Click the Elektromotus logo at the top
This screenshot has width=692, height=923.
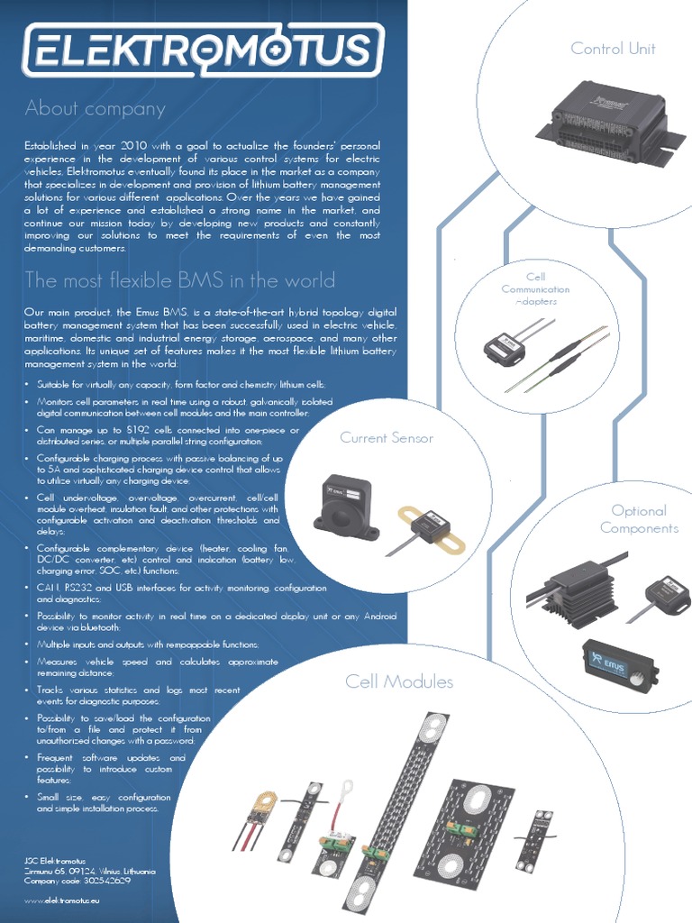(x=204, y=50)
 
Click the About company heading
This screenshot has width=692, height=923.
(x=96, y=109)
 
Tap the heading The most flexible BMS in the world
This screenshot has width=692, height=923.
(x=180, y=279)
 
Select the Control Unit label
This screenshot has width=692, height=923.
(x=613, y=49)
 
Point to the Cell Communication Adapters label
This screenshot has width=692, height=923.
(x=535, y=289)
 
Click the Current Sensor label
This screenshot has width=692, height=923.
(x=387, y=438)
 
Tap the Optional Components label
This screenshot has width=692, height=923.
(x=639, y=519)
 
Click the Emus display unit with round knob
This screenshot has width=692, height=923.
(x=620, y=663)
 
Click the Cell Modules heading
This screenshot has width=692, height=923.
(x=399, y=681)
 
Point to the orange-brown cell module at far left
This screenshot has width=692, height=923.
(x=259, y=815)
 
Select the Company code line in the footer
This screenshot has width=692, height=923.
(x=77, y=881)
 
